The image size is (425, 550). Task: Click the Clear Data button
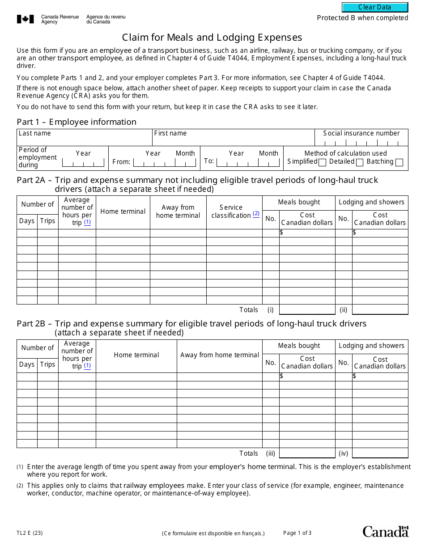coord(375,7)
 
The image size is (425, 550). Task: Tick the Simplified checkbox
coord(322,163)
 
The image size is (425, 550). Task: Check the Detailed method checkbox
coord(359,163)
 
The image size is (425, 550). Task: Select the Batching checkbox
coord(399,163)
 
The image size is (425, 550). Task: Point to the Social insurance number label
coord(361,133)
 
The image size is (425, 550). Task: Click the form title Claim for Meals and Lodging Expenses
coord(212,38)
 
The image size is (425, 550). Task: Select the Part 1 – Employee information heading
coord(76,122)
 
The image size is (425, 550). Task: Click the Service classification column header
coord(231,212)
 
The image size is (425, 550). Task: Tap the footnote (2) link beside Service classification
coord(256,214)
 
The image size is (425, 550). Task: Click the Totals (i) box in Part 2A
coord(307,310)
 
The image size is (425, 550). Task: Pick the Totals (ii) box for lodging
coord(380,310)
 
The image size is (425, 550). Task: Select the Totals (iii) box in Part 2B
coord(307,453)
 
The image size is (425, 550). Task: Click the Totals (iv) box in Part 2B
coord(380,453)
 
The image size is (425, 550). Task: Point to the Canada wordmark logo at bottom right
coord(385,531)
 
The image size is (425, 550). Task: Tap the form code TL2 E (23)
coord(30,533)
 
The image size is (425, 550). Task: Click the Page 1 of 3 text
coord(297,533)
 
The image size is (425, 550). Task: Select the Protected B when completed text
coord(362,18)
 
